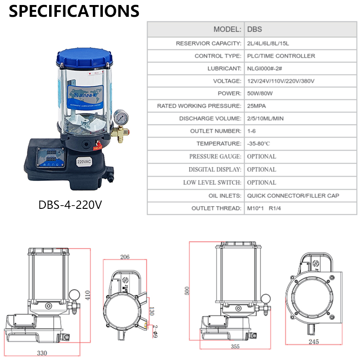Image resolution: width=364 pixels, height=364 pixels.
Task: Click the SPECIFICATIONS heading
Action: (74, 11)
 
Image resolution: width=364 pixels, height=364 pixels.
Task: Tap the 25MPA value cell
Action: (256, 106)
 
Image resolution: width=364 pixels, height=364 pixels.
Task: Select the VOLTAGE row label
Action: (227, 81)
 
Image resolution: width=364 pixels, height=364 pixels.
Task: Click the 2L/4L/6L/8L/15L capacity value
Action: (268, 43)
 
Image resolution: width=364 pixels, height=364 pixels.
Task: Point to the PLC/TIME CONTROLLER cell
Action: (281, 56)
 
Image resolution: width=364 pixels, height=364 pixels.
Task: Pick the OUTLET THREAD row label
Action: (217, 208)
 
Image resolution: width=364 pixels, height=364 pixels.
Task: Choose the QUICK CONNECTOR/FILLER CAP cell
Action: (293, 196)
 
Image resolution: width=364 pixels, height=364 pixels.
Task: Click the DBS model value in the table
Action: (254, 29)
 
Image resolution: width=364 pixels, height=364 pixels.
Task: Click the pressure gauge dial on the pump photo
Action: (121, 117)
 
